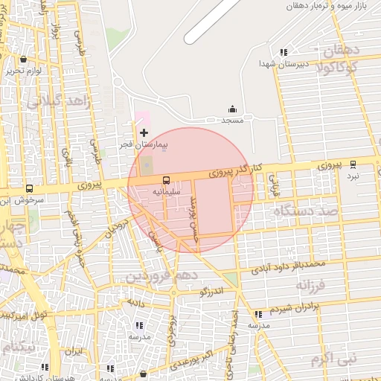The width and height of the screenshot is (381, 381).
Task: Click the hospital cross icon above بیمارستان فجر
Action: (144, 132)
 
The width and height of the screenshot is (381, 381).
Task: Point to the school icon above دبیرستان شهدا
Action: (283, 52)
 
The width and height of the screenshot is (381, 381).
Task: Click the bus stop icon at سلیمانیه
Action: (165, 180)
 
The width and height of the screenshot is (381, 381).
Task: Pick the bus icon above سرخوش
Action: (29, 189)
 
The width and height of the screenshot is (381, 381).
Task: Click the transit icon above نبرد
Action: (353, 164)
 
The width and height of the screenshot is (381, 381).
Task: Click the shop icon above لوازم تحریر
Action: (25, 60)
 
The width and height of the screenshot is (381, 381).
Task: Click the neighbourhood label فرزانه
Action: (312, 284)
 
